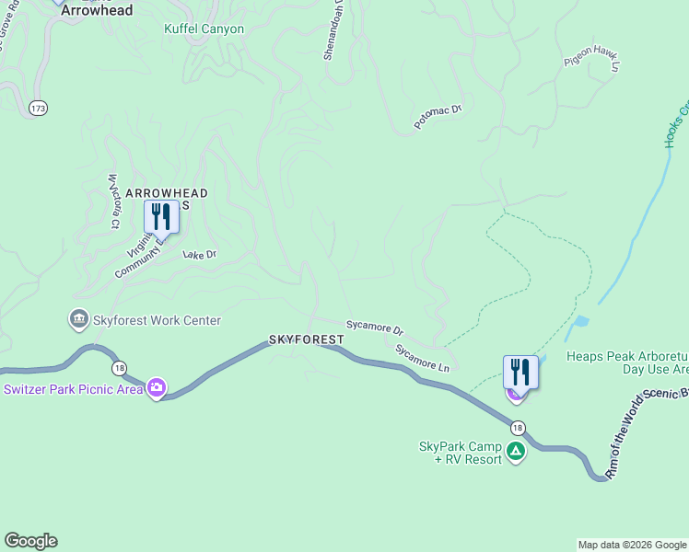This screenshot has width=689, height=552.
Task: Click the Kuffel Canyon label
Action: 204,29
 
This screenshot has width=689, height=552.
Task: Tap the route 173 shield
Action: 38,109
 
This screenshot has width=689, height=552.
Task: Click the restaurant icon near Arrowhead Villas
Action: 161,217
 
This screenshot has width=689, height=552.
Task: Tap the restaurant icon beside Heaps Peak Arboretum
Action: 520,373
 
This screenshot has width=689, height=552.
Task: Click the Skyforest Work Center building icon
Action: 78,320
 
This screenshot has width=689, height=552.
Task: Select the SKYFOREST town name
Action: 307,339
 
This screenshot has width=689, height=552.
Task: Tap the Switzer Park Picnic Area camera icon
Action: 157,388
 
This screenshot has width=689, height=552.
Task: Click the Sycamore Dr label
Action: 375,327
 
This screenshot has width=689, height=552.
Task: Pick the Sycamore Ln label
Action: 422,358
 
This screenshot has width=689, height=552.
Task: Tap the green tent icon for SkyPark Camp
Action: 516,452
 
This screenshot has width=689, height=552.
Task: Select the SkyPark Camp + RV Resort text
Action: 461,453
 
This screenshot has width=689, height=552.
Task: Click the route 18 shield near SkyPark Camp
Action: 518,427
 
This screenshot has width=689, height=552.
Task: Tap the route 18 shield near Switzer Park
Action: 120,368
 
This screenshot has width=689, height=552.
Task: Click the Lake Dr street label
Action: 199,254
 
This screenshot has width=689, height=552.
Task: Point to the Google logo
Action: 30,541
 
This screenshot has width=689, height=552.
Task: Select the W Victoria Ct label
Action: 114,200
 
